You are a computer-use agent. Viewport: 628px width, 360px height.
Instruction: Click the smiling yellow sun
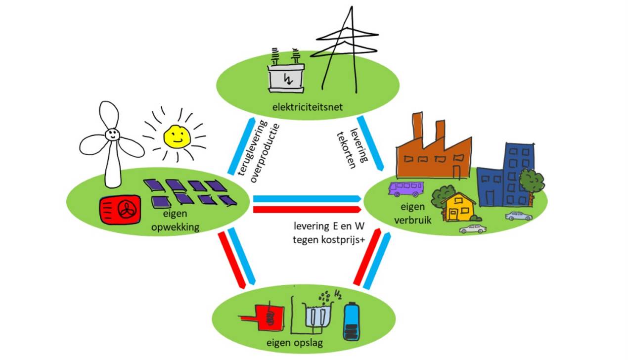(x=177, y=136)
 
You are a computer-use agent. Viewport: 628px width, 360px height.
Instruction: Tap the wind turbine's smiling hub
(x=112, y=135)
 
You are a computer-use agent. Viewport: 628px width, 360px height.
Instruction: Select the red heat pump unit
(x=120, y=210)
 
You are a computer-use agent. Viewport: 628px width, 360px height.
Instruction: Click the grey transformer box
(x=286, y=79)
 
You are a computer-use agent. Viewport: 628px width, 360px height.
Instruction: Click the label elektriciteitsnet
(x=307, y=107)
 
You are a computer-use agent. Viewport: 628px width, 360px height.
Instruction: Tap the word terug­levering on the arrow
(x=252, y=147)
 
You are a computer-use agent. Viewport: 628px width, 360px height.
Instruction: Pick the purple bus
(x=406, y=189)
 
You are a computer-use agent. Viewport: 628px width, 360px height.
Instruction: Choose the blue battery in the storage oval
(x=351, y=321)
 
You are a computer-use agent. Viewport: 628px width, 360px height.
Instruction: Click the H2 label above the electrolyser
(x=338, y=295)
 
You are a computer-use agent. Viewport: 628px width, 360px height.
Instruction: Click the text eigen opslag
(x=294, y=343)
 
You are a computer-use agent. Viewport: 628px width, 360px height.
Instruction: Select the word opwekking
(x=175, y=227)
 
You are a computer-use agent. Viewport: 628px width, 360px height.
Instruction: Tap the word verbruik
(x=413, y=220)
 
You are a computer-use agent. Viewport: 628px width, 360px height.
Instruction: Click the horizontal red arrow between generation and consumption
(x=307, y=210)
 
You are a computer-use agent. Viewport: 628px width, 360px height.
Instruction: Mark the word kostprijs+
(x=343, y=240)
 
